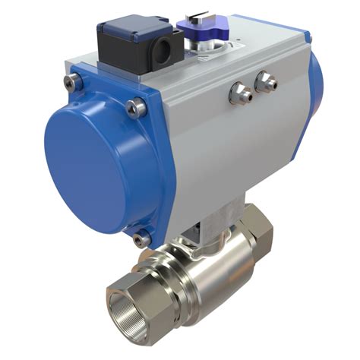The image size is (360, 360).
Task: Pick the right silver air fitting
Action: click(266, 80)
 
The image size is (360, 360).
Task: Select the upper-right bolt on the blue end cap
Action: click(137, 108)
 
